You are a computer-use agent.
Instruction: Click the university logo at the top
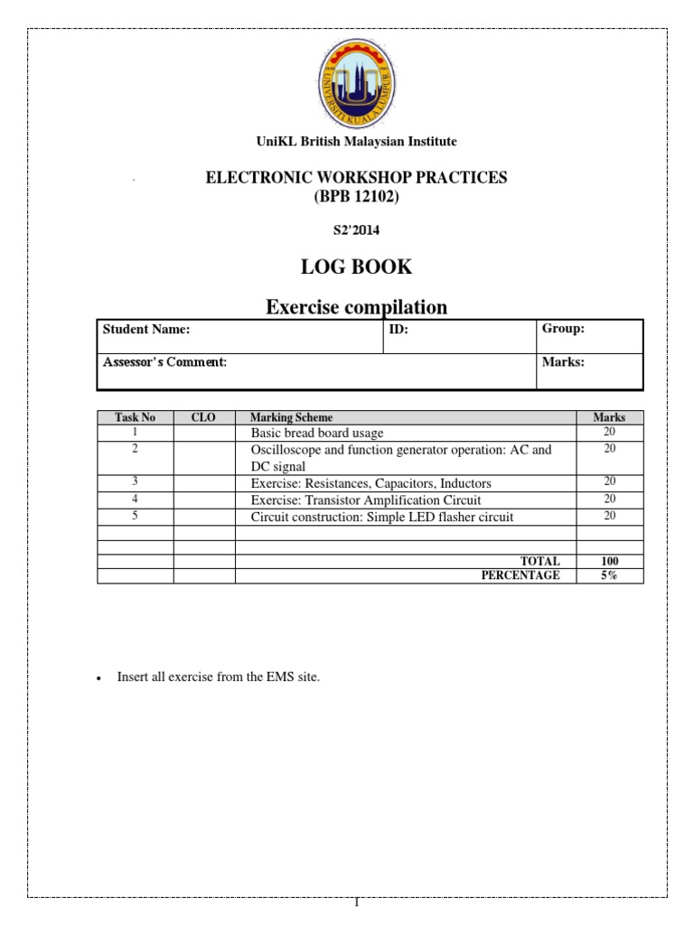click(x=355, y=83)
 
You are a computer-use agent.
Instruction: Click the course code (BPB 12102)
click(x=356, y=196)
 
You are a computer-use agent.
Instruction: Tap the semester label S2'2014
click(x=356, y=230)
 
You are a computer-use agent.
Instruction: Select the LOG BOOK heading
click(x=356, y=266)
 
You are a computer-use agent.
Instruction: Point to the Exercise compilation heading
click(x=356, y=307)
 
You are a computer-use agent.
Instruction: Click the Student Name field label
click(x=146, y=330)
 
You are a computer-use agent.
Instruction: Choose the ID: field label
click(x=399, y=330)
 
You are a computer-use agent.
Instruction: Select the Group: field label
click(x=563, y=329)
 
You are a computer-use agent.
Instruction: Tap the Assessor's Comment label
click(x=164, y=362)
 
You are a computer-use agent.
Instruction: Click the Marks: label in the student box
click(x=563, y=362)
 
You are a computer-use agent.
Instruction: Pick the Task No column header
click(x=135, y=418)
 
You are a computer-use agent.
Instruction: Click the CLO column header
click(x=204, y=418)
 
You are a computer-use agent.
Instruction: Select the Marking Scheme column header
click(x=291, y=418)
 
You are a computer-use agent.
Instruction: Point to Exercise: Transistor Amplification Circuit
click(x=366, y=500)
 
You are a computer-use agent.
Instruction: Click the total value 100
click(x=610, y=561)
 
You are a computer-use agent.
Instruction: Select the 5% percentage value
click(x=610, y=575)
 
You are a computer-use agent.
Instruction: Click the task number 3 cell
click(x=135, y=482)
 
